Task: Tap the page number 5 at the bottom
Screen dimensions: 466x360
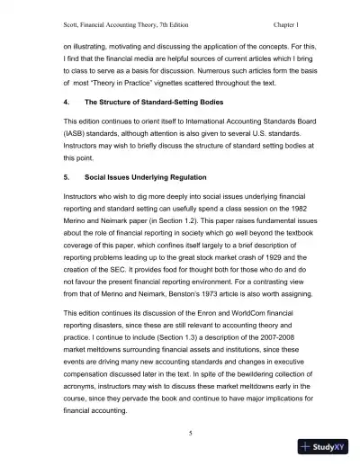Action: (x=179, y=434)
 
